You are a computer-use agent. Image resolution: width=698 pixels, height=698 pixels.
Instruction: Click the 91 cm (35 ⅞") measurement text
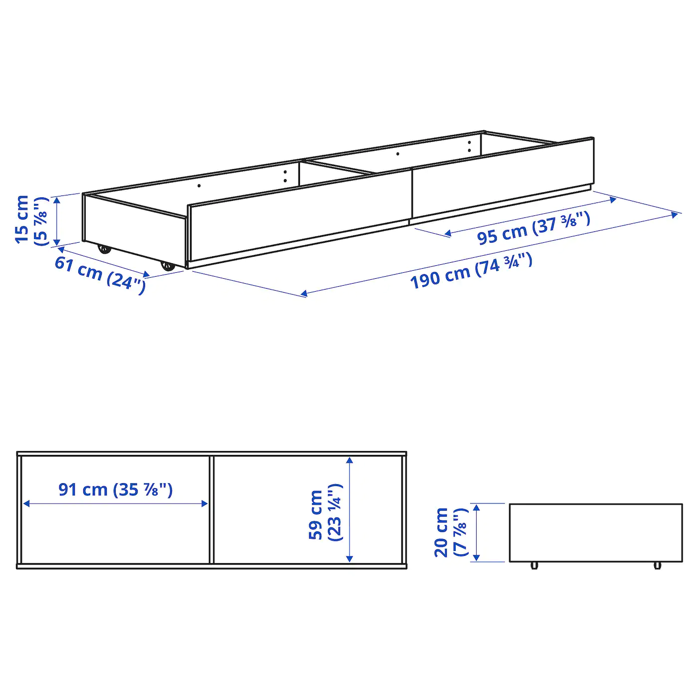[x=115, y=490]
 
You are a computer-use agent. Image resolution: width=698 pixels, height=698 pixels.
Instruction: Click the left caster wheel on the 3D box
[x=104, y=248]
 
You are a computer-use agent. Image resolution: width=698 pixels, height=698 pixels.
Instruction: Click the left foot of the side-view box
[x=534, y=565]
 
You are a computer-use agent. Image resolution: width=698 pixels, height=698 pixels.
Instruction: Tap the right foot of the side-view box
[x=657, y=565]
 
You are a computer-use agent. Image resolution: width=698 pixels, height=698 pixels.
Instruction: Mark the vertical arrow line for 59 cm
[x=350, y=509]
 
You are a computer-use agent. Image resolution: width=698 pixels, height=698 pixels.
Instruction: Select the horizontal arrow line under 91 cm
[x=115, y=504]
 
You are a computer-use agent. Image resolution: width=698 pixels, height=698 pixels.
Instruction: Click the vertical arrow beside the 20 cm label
[x=477, y=532]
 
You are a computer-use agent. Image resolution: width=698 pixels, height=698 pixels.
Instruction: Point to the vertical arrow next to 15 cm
[x=57, y=220]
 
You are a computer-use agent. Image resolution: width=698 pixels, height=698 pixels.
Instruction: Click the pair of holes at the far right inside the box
[x=469, y=146]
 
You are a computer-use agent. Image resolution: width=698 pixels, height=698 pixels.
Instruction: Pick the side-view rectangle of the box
[x=596, y=532]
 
